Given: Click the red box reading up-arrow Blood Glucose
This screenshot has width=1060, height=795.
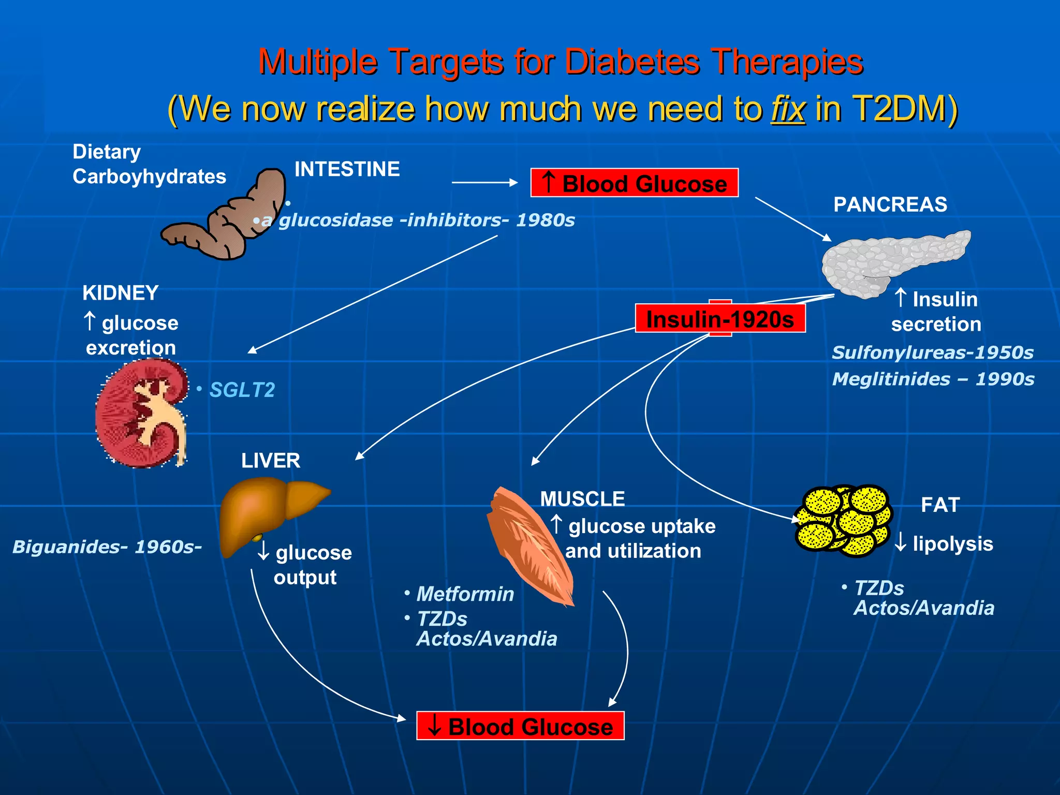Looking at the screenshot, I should [x=634, y=183].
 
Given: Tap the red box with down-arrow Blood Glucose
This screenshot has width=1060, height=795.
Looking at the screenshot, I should [x=520, y=726].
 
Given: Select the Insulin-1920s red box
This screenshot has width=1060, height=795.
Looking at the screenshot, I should [x=720, y=318].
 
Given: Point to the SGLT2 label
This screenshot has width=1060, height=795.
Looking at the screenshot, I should [x=242, y=390].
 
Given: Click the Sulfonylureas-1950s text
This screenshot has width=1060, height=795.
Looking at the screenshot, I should [x=932, y=352].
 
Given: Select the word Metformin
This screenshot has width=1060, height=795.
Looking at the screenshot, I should [x=465, y=594].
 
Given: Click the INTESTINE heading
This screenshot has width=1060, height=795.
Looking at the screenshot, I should [x=347, y=169].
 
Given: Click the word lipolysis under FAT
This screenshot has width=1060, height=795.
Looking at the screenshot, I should [x=953, y=543].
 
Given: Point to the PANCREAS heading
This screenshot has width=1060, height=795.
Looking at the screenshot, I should [x=890, y=204].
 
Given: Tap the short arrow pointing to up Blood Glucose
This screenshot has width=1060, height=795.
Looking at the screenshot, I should [x=484, y=182].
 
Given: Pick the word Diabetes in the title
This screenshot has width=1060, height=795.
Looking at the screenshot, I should [x=632, y=62].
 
